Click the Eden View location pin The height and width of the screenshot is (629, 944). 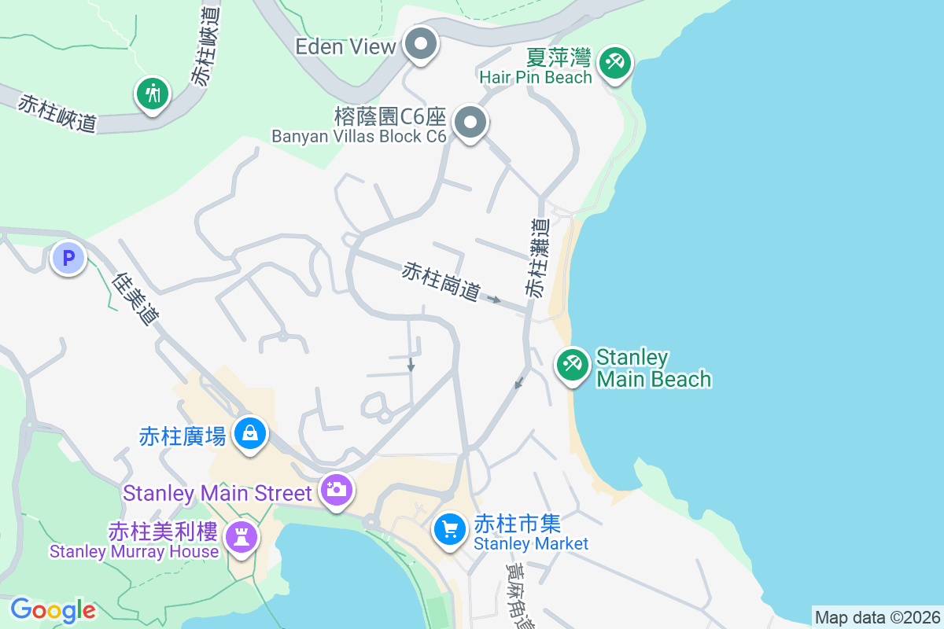point(421,44)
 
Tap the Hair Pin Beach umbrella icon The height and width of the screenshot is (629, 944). point(614,62)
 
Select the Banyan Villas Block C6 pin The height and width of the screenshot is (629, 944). point(470,123)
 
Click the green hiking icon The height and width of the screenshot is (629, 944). point(152,94)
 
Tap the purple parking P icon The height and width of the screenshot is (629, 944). point(68,257)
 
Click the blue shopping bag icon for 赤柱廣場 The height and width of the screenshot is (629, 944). point(250,432)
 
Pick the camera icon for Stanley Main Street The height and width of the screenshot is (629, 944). point(337,490)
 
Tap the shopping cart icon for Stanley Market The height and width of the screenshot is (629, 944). point(450,529)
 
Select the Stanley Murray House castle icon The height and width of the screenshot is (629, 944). point(241,538)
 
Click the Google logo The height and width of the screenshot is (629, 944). point(53,609)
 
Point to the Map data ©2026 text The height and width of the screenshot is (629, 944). point(877,617)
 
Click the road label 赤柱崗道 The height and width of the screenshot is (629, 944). point(441,281)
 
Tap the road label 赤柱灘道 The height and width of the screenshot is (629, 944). point(539,258)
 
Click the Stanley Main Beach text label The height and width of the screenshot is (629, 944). point(653,368)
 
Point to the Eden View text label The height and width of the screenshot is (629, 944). point(345,46)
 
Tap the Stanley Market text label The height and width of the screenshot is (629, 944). point(530,543)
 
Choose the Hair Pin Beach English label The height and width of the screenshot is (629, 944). point(536,77)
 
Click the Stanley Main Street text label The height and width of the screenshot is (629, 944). point(218,493)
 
